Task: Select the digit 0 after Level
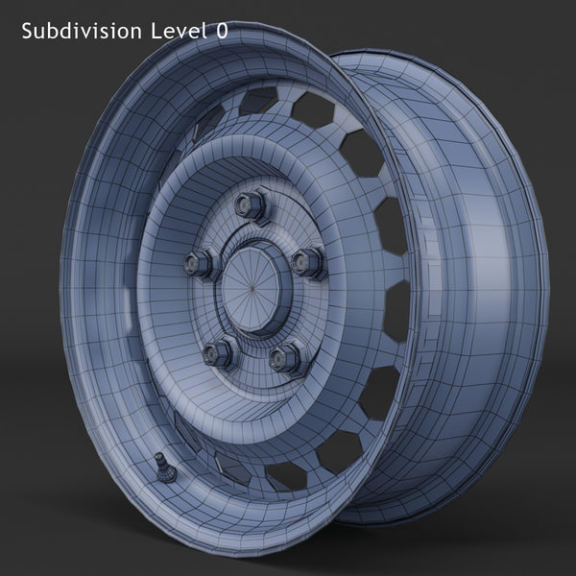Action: click(221, 31)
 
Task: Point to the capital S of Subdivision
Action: click(27, 31)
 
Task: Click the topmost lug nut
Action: click(251, 204)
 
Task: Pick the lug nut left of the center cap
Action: click(199, 261)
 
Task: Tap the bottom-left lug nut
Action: click(218, 352)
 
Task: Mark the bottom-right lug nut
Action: click(285, 358)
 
